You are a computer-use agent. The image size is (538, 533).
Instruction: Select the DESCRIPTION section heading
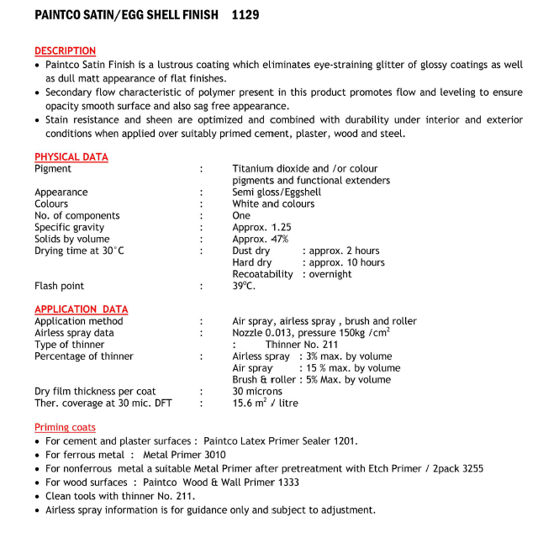(x=65, y=51)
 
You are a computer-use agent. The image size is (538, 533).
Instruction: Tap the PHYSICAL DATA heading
(x=71, y=157)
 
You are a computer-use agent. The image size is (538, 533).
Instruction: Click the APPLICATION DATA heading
(x=81, y=309)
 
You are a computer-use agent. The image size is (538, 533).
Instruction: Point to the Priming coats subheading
(x=65, y=428)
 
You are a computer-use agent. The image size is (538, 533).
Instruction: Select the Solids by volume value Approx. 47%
(x=260, y=239)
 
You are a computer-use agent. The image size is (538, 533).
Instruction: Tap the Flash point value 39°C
(x=244, y=286)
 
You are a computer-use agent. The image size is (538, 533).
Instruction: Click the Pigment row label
(x=53, y=169)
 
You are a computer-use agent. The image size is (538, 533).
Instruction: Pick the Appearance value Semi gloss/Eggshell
(x=277, y=192)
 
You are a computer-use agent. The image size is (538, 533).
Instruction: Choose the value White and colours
(x=273, y=203)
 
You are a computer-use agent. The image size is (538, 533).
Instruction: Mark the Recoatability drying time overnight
(x=330, y=274)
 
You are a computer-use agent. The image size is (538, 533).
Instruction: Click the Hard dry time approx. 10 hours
(x=346, y=262)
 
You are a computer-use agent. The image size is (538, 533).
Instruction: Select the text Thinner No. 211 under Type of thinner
(x=302, y=345)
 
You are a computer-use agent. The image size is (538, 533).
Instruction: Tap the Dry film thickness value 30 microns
(x=258, y=391)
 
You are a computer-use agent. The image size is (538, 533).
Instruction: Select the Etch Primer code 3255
(x=470, y=468)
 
